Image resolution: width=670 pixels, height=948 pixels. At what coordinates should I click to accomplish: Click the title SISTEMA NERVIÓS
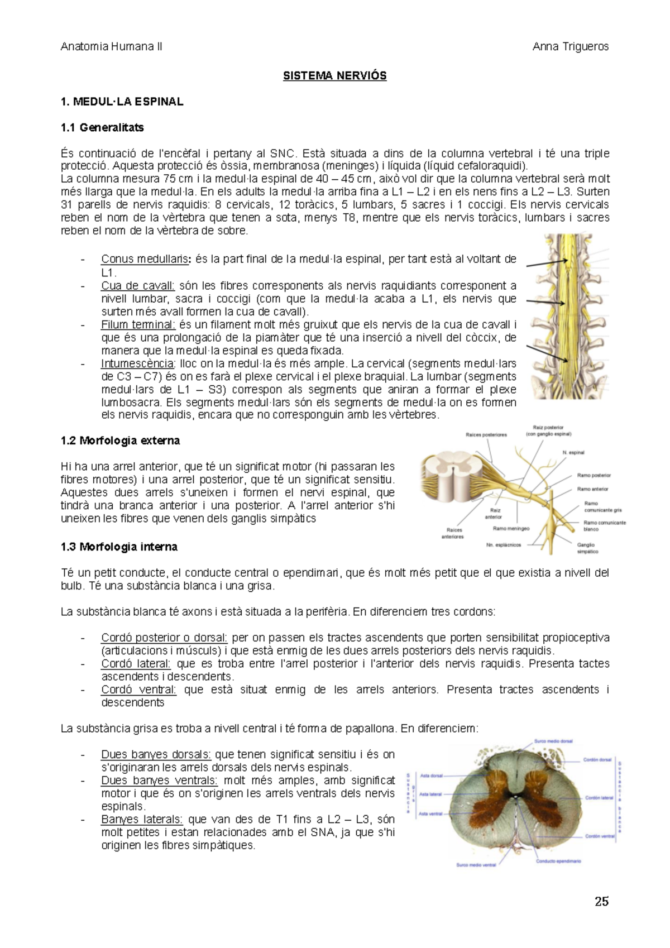pos(334,76)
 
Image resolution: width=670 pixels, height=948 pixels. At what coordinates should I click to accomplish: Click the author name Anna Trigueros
pos(570,47)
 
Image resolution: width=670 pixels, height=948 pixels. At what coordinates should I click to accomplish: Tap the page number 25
pos(601,902)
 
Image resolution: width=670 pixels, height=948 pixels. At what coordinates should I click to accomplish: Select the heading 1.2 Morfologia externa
pos(120,441)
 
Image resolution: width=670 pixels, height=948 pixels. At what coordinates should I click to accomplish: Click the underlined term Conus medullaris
pos(145,259)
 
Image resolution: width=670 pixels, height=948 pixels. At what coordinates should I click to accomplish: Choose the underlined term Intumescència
pos(137,363)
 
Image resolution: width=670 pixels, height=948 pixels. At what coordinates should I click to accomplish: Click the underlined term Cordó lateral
pos(136,664)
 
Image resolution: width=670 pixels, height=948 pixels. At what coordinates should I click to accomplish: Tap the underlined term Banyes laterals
pos(142,820)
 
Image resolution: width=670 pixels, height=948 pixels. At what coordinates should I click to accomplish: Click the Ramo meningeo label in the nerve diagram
pos(511,528)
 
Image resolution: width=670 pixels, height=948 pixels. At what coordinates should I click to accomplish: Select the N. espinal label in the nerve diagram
pos(573,453)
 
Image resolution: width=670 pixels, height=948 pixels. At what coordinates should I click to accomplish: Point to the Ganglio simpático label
pos(587,548)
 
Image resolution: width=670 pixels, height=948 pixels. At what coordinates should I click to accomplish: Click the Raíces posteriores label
pos(486,434)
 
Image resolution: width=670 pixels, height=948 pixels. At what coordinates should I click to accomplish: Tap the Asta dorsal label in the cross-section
pos(431,775)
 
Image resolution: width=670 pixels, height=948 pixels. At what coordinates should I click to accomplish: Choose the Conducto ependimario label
pos(558,861)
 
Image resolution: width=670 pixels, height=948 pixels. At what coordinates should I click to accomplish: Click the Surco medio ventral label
pos(476,865)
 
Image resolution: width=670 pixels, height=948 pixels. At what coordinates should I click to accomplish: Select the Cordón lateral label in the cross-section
pos(599,798)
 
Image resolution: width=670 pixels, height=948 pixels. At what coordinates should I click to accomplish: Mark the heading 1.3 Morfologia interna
pos(119,547)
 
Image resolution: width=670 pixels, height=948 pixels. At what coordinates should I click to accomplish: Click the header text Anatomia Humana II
pos(111,47)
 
